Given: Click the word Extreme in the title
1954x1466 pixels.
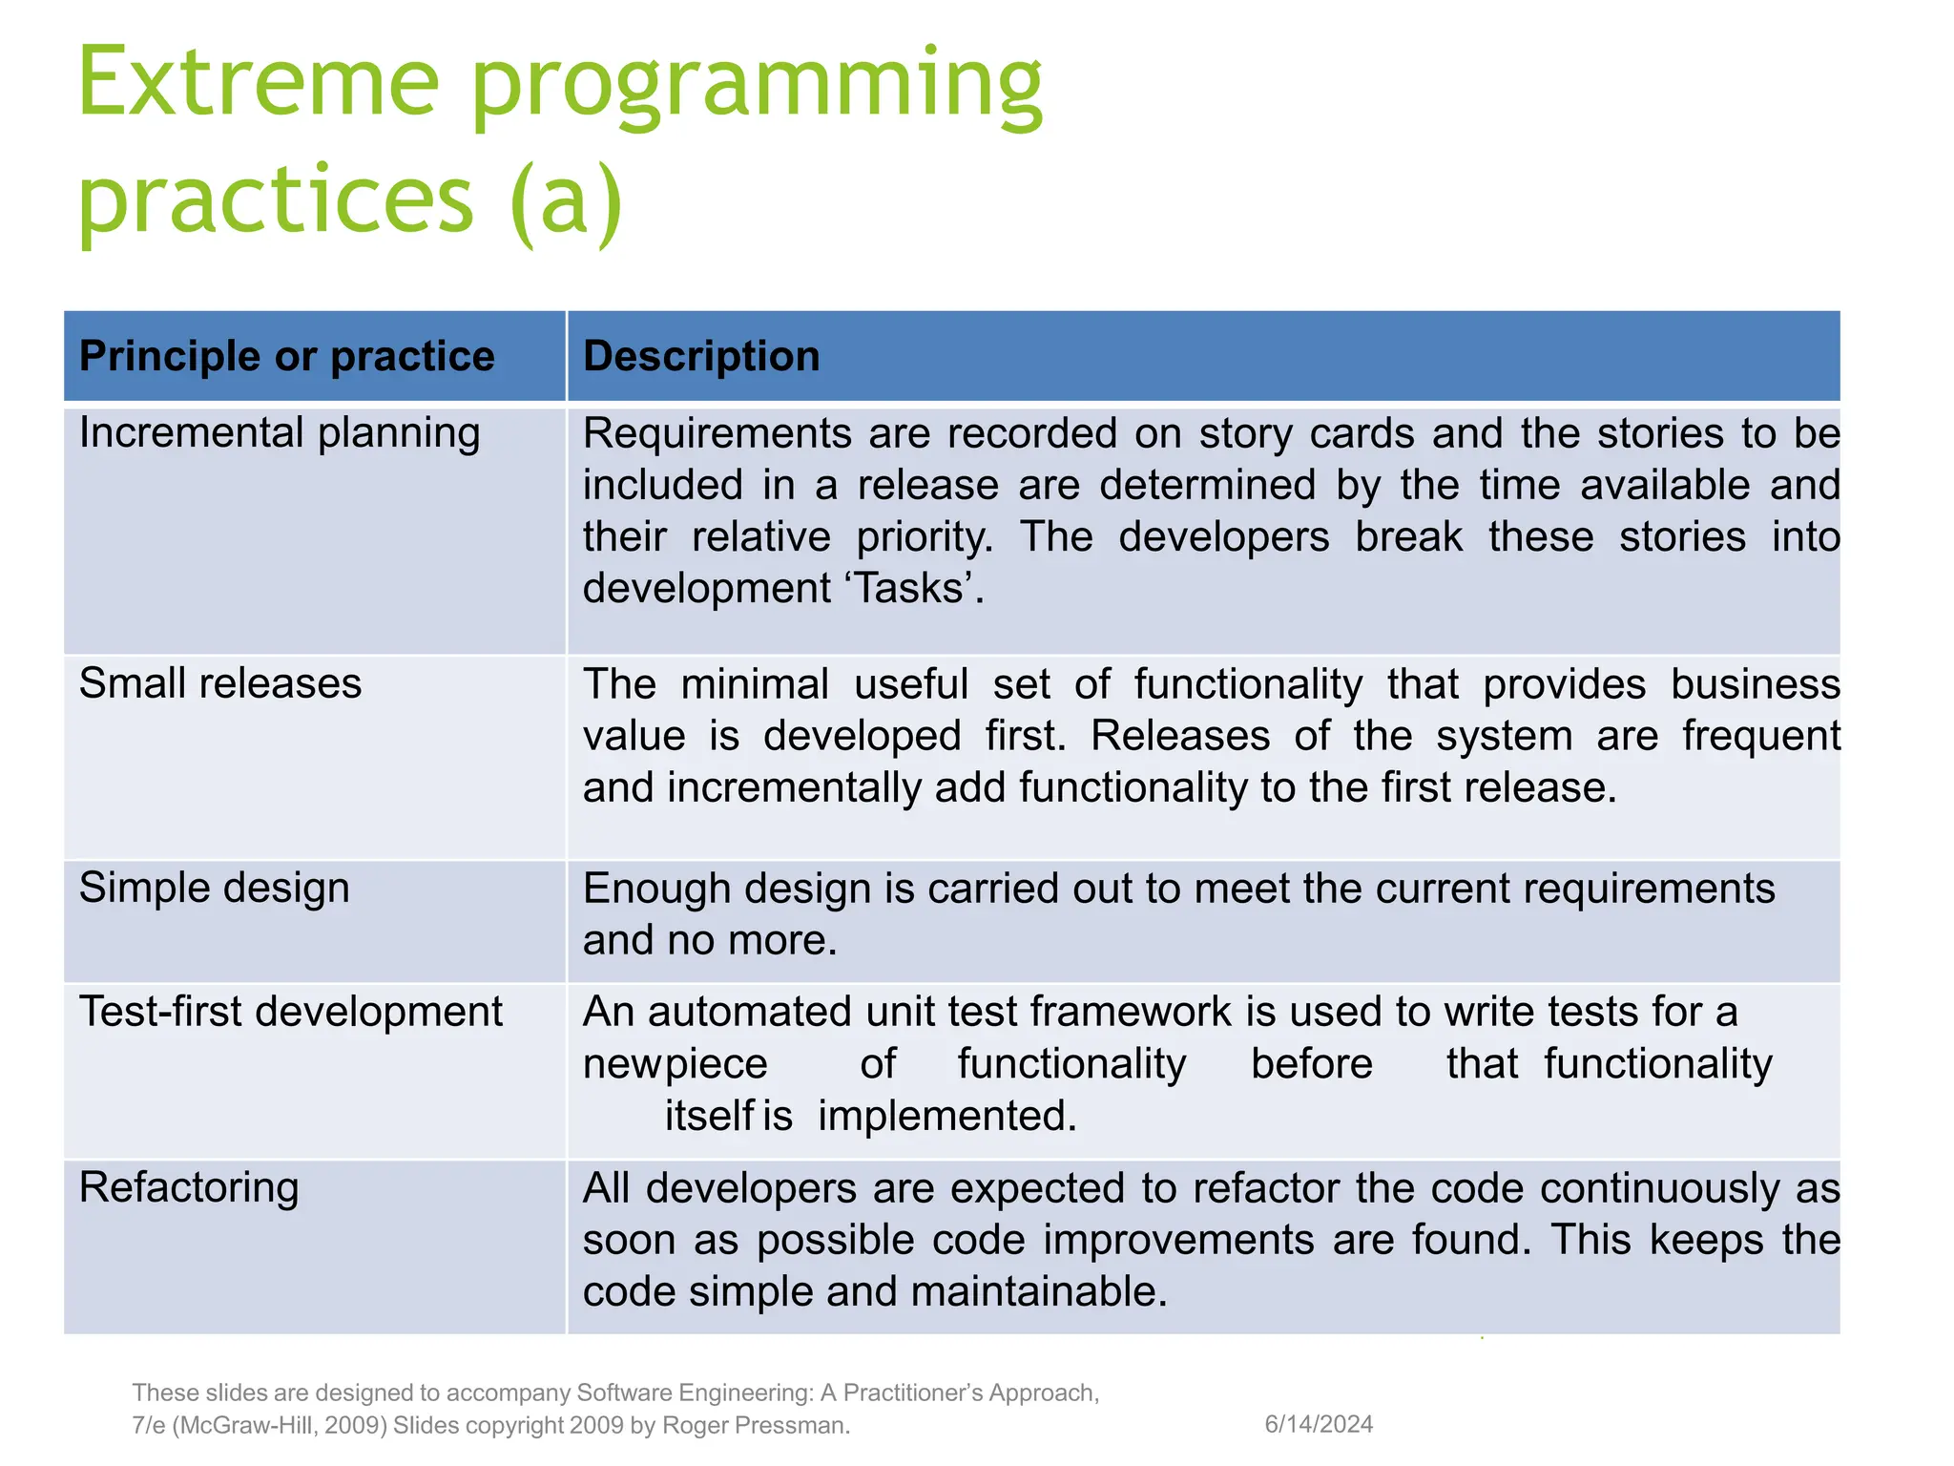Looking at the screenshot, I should pyautogui.click(x=258, y=84).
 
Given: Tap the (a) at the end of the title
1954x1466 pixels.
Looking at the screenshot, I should pyautogui.click(x=567, y=200).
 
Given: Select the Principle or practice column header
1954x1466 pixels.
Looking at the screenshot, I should pyautogui.click(x=286, y=356).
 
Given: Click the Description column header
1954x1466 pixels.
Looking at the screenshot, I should pyautogui.click(x=701, y=356).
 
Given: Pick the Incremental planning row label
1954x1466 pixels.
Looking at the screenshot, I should pyautogui.click(x=279, y=433).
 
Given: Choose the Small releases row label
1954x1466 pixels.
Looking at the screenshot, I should pyautogui.click(x=220, y=683).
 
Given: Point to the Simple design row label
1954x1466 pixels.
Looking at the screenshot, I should pyautogui.click(x=214, y=889).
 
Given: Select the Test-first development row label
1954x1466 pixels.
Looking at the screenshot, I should pyautogui.click(x=290, y=1012).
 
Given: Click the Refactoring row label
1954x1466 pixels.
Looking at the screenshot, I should pyautogui.click(x=189, y=1188).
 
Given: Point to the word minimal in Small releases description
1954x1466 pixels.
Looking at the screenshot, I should pyautogui.click(x=754, y=685).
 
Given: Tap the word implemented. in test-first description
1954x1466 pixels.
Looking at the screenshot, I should pyautogui.click(x=946, y=1116).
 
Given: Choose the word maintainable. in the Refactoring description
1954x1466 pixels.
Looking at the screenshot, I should pyautogui.click(x=1039, y=1292).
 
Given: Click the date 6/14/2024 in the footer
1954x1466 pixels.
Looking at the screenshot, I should pyautogui.click(x=1318, y=1424).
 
